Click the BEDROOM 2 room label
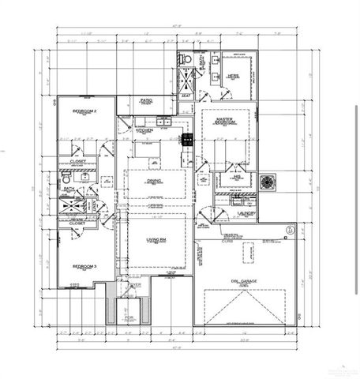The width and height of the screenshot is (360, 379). pos(84,111)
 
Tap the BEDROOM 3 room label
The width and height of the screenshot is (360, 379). pos(84,266)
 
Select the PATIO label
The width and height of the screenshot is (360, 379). pos(146,100)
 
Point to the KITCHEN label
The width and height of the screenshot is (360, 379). pos(144,129)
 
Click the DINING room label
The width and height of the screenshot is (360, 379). pos(154,180)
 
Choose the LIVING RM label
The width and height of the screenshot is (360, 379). pos(154,239)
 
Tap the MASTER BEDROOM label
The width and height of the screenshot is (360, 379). pos(225,122)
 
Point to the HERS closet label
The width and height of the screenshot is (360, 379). pos(234,76)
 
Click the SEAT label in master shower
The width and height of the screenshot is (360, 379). pos(186,95)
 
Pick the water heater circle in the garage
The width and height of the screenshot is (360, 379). pos(290,231)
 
